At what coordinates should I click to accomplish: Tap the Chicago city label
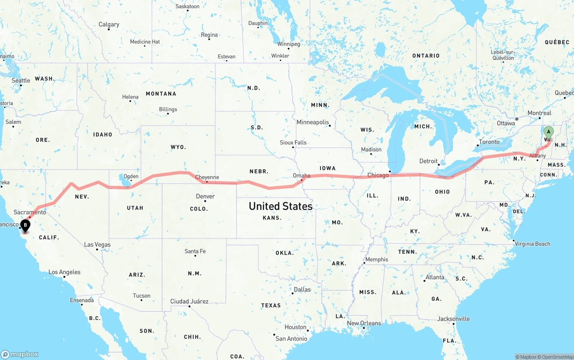pyautogui.click(x=378, y=175)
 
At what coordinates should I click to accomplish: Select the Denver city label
pyautogui.click(x=205, y=196)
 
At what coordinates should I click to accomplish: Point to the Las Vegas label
pyautogui.click(x=97, y=245)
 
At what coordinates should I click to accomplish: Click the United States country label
pyautogui.click(x=280, y=206)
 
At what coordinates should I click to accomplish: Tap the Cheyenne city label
pyautogui.click(x=207, y=178)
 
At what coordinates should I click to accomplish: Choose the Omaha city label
pyautogui.click(x=301, y=176)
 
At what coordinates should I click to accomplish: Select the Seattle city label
pyautogui.click(x=21, y=81)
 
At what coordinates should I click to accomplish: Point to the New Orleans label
pyautogui.click(x=364, y=323)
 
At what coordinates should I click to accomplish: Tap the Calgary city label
pyautogui.click(x=109, y=25)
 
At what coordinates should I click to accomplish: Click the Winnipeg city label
pyautogui.click(x=288, y=44)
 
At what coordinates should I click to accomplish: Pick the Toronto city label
pyautogui.click(x=489, y=142)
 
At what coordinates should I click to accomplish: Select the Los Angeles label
pyautogui.click(x=65, y=272)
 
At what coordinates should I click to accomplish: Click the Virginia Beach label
pyautogui.click(x=532, y=244)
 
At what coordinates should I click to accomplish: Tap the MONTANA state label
pyautogui.click(x=161, y=94)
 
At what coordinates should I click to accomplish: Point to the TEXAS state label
pyautogui.click(x=271, y=305)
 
